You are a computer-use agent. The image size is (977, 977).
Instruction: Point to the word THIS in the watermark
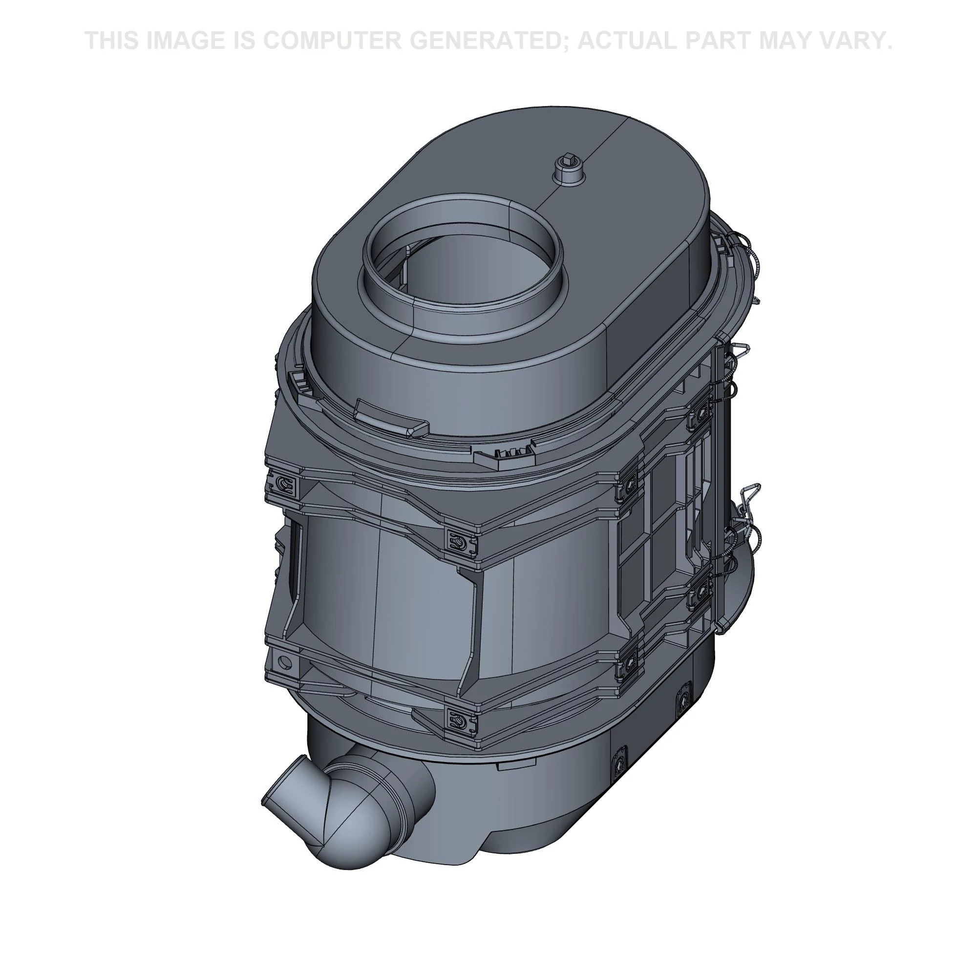[x=112, y=41]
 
